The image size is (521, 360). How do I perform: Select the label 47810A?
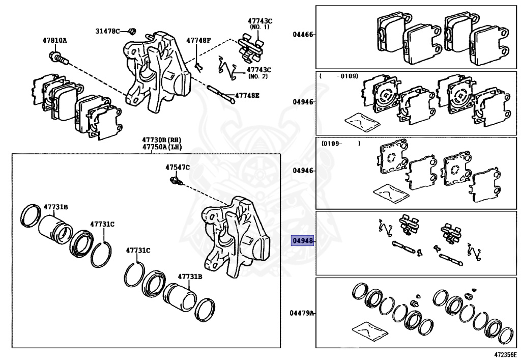coord(54,40)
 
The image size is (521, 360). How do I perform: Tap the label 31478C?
coord(107,31)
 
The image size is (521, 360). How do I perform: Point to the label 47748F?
coord(198,40)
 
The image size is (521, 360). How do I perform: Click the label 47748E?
coord(247,95)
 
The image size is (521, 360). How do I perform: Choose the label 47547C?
coord(177,167)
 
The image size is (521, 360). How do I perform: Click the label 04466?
coord(302,35)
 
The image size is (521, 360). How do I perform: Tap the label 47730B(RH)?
coord(162,140)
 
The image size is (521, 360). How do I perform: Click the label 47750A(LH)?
coord(162,147)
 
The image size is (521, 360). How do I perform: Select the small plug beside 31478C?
coord(130,31)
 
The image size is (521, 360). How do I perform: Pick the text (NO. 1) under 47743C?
coord(260,28)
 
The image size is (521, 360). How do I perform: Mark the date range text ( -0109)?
coord(339,76)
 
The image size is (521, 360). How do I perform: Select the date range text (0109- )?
coord(341,144)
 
